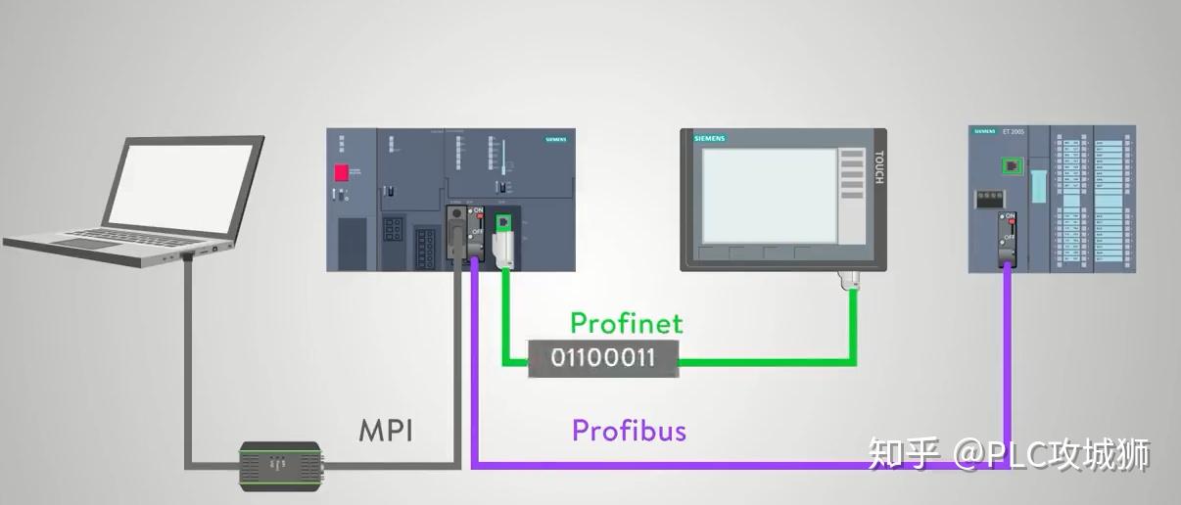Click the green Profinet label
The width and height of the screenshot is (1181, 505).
pos(626,323)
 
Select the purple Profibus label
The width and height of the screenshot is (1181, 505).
pos(629,430)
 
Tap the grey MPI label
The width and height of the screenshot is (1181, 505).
pos(386,430)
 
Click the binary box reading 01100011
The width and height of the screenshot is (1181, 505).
pos(602,358)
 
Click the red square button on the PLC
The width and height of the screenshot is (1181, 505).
pos(343,174)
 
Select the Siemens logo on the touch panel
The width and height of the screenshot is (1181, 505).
pos(710,140)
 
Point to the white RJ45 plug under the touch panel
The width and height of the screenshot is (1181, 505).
pos(849,282)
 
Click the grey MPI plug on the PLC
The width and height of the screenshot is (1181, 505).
pos(456,235)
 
